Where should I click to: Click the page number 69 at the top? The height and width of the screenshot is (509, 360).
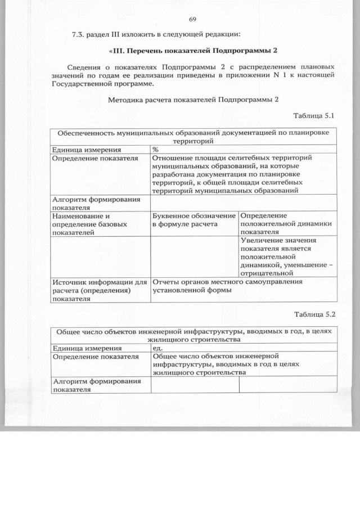(x=192, y=20)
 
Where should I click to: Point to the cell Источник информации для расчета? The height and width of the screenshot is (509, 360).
(x=99, y=290)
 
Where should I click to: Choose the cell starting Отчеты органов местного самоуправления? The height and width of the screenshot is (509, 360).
(x=227, y=285)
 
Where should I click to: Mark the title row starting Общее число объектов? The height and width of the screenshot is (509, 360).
(x=193, y=335)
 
